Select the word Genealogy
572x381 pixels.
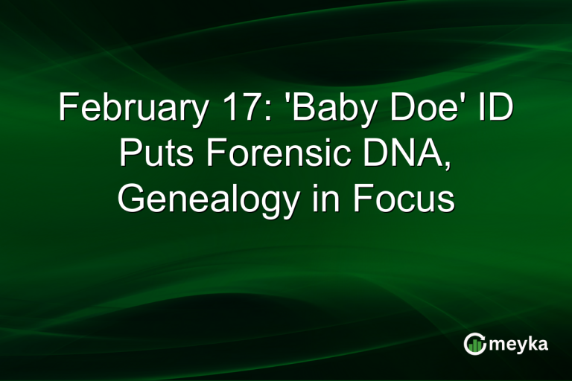pyautogui.click(x=204, y=200)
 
